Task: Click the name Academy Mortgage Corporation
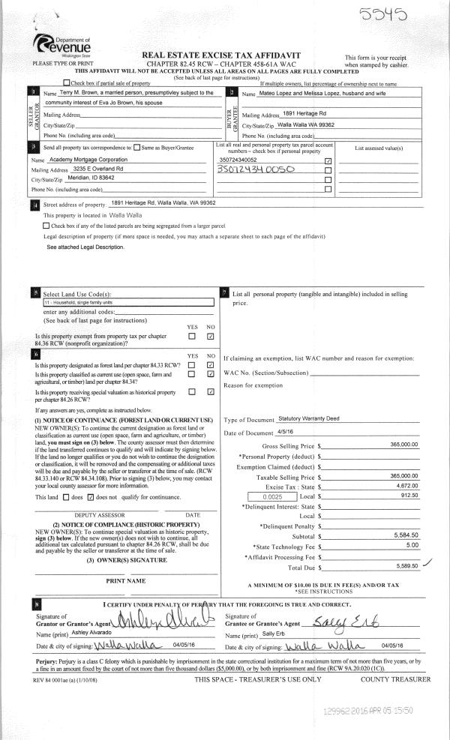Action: [83, 160]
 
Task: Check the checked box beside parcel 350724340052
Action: [328, 160]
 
